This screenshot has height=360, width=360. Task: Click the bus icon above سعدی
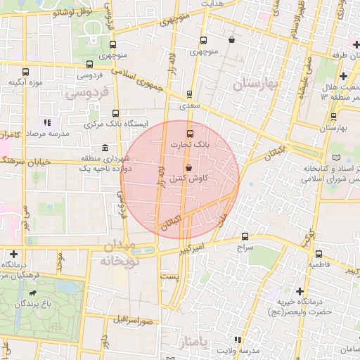[x=189, y=94]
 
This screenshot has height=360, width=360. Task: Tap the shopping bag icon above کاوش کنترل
[x=189, y=167]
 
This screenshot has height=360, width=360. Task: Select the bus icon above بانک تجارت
[x=189, y=134]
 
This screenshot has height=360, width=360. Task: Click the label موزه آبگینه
[x=27, y=82]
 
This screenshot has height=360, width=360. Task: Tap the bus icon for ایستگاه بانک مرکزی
[x=115, y=113]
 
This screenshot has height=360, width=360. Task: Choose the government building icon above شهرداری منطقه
[x=105, y=148]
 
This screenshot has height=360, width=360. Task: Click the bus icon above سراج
[x=245, y=237]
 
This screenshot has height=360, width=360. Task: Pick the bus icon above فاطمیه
[x=319, y=255]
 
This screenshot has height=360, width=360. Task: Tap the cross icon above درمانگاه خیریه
[x=300, y=291]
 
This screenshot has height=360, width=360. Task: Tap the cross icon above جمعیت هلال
[x=343, y=76]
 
